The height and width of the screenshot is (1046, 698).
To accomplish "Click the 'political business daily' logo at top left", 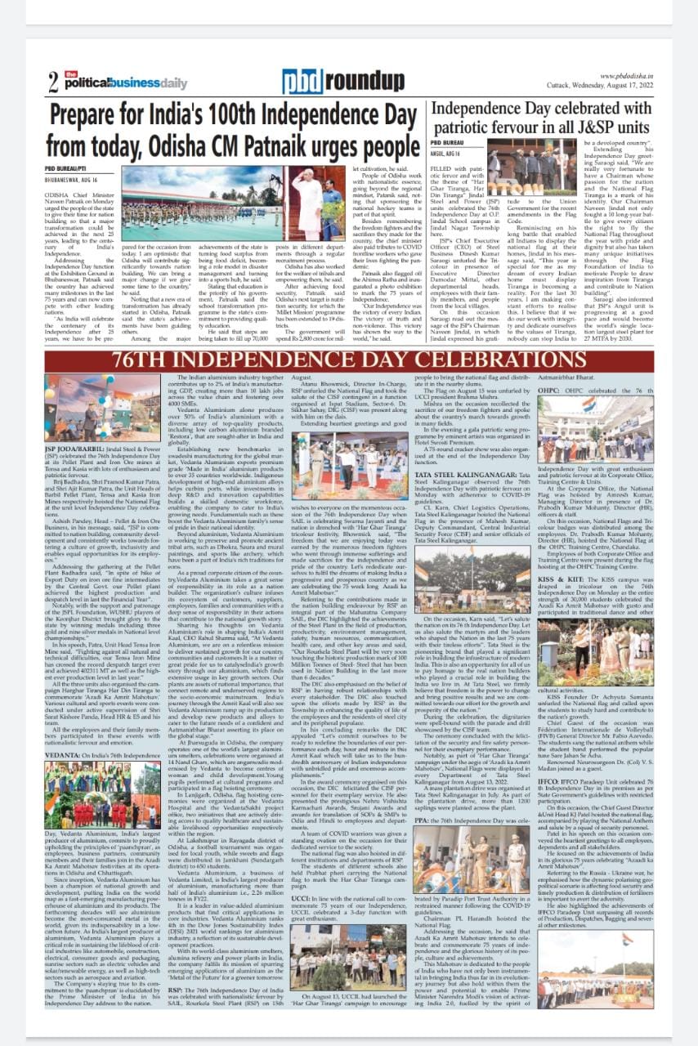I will pyautogui.click(x=106, y=83).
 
